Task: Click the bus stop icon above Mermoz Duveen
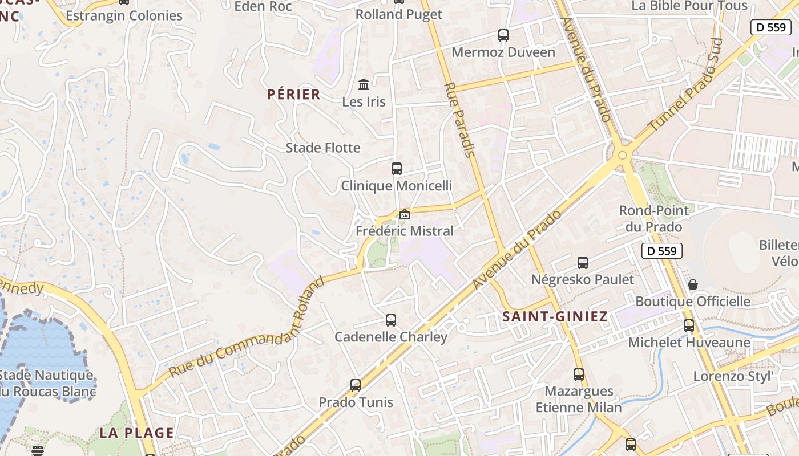[x=503, y=35]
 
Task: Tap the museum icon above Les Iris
[x=364, y=85]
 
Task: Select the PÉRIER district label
[x=294, y=95]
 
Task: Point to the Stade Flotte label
[x=323, y=148]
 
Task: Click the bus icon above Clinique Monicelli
[x=397, y=169]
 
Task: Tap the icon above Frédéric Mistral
[x=405, y=214]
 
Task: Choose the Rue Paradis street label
[x=459, y=120]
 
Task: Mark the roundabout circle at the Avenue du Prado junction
[x=622, y=155]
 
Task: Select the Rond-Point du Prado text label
[x=653, y=219]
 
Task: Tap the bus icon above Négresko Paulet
[x=583, y=263]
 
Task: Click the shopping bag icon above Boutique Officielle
[x=693, y=284]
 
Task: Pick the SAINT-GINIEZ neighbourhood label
[x=555, y=317]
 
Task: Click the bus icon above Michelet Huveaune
[x=689, y=325]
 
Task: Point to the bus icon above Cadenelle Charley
[x=391, y=320]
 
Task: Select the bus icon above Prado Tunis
[x=356, y=385]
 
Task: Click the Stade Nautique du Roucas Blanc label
[x=47, y=383]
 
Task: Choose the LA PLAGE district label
[x=137, y=433]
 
